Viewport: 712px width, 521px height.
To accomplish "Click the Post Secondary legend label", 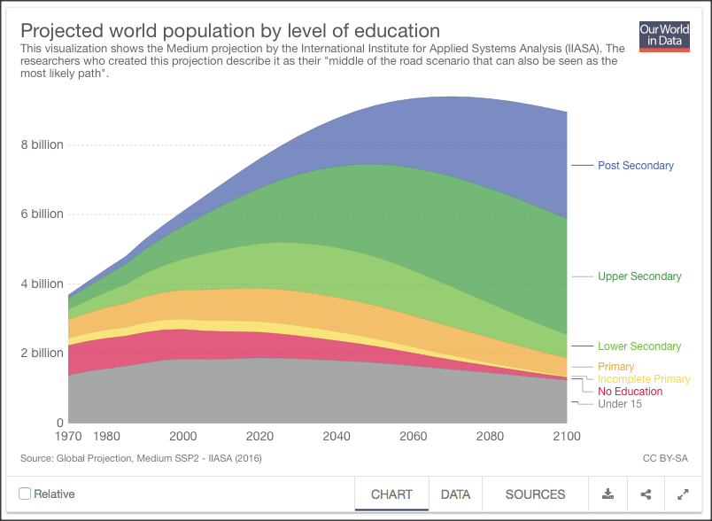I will (x=635, y=166).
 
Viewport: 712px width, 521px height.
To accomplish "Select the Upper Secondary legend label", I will (x=639, y=276).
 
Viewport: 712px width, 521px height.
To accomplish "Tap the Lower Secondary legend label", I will (x=639, y=346).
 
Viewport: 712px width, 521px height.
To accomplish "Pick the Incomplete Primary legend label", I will (x=644, y=379).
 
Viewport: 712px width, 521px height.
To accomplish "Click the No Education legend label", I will (x=630, y=392).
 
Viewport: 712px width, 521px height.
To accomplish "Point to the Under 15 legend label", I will (x=620, y=404).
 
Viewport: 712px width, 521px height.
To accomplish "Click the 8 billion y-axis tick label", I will (x=43, y=144).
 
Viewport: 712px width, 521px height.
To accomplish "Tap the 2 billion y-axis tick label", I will (x=43, y=353).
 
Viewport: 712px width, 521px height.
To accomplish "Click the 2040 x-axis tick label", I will (x=337, y=437).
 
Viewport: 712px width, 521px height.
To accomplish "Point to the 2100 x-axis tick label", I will (x=566, y=437).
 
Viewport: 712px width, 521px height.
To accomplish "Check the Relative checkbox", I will (x=25, y=494).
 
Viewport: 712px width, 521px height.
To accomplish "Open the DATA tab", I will (x=455, y=494).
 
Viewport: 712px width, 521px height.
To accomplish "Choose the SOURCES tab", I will (x=535, y=494).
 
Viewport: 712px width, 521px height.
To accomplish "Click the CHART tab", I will (x=391, y=494).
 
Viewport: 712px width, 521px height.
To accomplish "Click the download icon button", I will (x=608, y=494).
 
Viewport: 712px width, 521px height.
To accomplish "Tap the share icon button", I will (x=646, y=494).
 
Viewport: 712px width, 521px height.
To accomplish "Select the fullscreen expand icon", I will (x=683, y=494).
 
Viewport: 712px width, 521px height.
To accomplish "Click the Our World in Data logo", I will (x=664, y=36).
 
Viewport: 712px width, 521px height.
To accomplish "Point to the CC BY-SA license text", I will (x=664, y=458).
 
